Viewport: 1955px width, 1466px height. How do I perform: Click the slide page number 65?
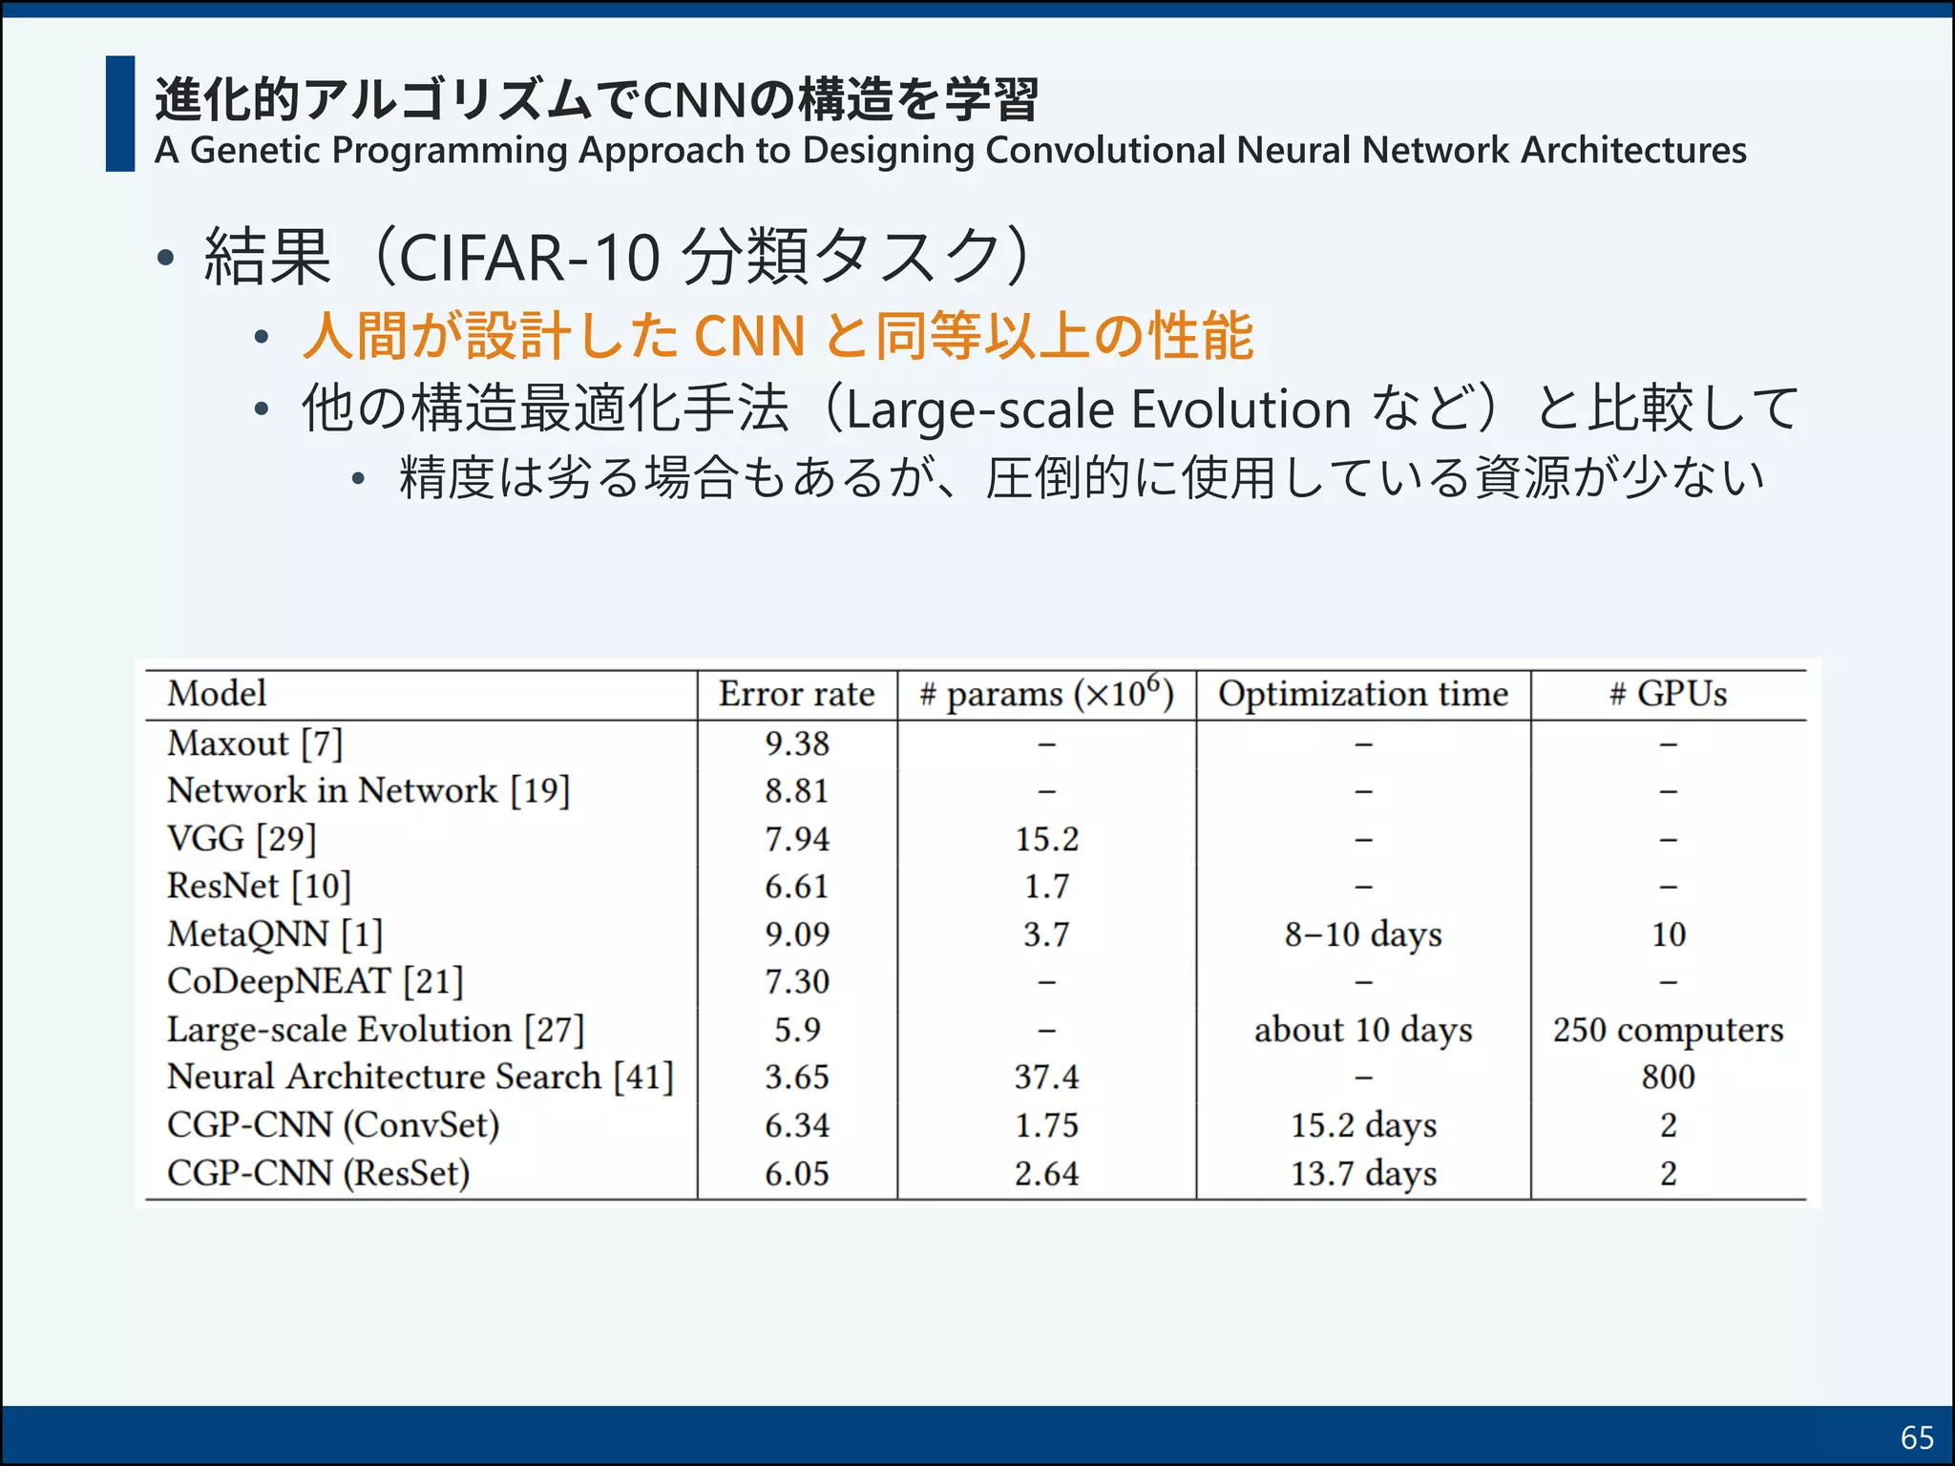pos(1917,1436)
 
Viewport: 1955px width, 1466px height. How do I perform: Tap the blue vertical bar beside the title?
pos(120,114)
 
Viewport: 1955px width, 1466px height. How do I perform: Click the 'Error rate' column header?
pos(796,694)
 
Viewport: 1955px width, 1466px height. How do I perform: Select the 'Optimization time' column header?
pos(1363,694)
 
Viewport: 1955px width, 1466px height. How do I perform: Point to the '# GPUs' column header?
pos(1668,694)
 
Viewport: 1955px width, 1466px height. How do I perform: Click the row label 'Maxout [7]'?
pos(254,743)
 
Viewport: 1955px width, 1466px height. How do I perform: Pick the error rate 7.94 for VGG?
pos(797,839)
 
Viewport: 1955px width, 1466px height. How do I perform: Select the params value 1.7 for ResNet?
pos(1046,887)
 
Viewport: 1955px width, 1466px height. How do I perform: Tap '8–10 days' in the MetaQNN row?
pos(1363,934)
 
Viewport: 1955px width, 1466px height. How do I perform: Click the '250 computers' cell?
pos(1668,1030)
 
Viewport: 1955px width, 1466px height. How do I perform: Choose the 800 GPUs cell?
pos(1668,1078)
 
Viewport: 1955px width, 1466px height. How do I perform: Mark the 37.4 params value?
pos(1046,1078)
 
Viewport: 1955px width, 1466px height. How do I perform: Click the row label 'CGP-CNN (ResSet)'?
pos(318,1173)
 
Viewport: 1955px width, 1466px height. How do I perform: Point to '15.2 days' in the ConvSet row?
pos(1363,1125)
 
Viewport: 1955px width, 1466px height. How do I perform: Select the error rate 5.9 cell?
pos(797,1030)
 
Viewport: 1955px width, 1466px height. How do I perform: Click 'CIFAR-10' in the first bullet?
pos(530,258)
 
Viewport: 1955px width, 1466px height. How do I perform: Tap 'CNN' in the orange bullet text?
pos(749,336)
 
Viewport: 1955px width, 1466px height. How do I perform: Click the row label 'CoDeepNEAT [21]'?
pos(315,982)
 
